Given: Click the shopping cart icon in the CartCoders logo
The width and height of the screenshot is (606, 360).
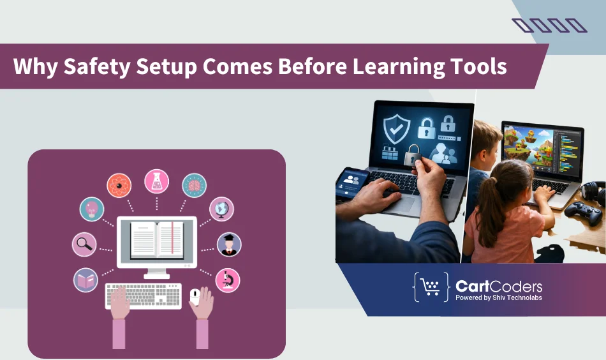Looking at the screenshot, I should click(x=432, y=287).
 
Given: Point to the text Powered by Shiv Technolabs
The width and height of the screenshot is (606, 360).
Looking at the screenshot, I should click(x=499, y=297).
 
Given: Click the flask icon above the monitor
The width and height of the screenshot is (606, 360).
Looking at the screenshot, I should click(x=156, y=181).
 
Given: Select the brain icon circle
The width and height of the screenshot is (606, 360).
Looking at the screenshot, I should click(x=195, y=185).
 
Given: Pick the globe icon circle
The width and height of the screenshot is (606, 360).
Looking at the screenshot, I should click(x=222, y=209).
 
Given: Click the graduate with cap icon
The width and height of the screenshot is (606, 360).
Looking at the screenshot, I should click(x=228, y=244).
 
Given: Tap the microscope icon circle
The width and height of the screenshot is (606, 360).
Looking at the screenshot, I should click(x=228, y=280).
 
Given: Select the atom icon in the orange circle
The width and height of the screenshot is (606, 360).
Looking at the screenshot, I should click(x=119, y=186).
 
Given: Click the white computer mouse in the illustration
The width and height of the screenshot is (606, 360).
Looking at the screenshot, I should click(x=195, y=294).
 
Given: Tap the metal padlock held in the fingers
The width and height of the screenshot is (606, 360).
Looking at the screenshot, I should click(x=414, y=155).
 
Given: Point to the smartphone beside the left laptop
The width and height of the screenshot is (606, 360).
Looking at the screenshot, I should click(x=351, y=183).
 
